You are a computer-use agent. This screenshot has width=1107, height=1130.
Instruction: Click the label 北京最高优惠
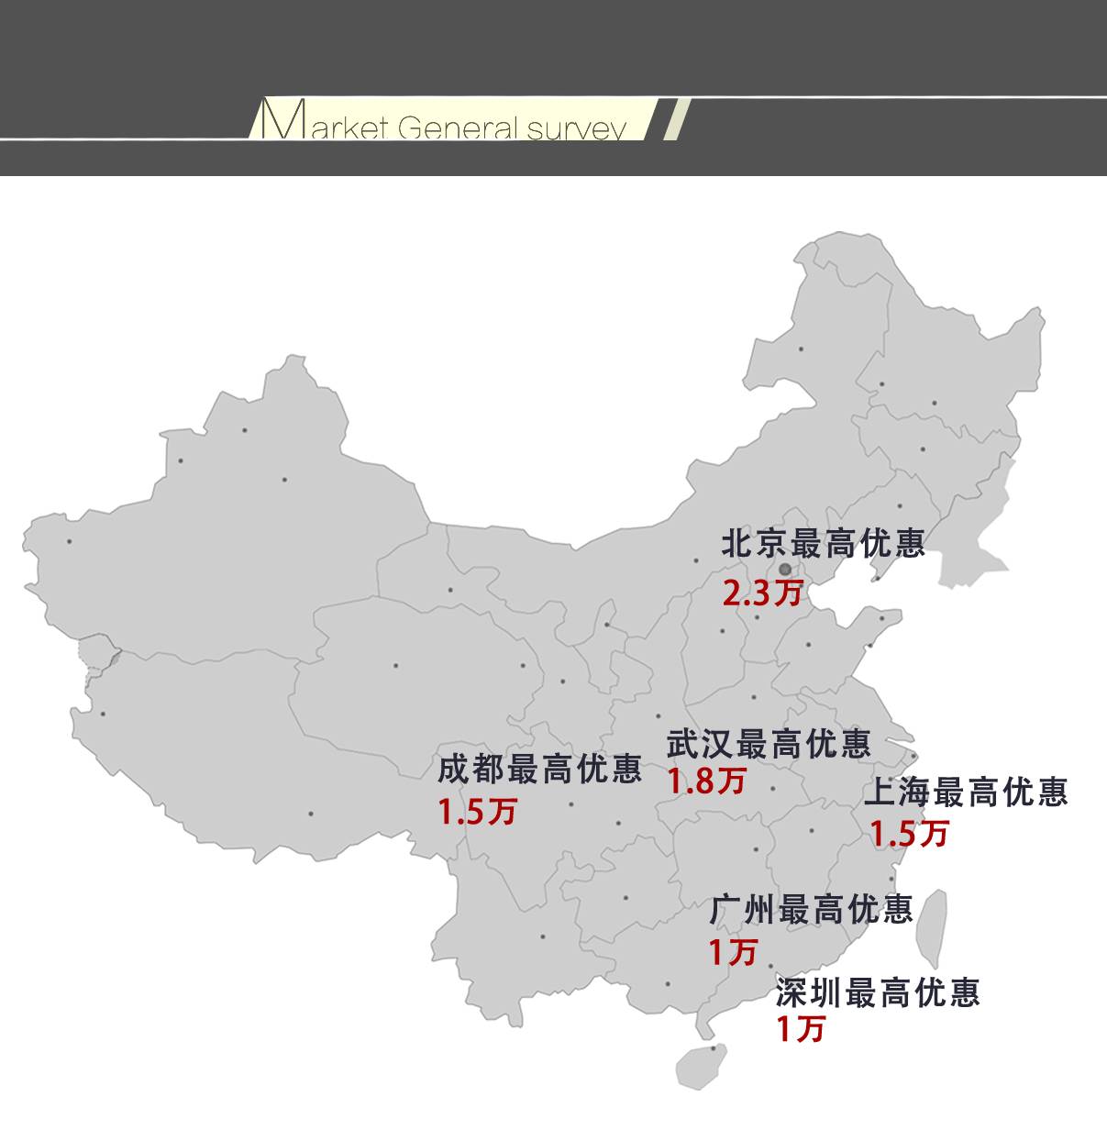(x=823, y=544)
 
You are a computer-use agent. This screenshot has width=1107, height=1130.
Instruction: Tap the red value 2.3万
(x=762, y=593)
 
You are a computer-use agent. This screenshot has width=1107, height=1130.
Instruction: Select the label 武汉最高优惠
(x=769, y=743)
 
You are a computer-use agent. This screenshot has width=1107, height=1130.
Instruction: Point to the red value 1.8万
(x=706, y=781)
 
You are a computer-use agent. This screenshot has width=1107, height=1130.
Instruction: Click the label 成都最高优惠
(x=539, y=770)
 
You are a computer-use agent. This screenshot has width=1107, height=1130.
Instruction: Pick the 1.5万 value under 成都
(x=477, y=812)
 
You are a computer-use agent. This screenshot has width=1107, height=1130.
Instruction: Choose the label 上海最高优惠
(x=966, y=792)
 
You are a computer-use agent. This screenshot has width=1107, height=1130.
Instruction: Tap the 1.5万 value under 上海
(x=909, y=834)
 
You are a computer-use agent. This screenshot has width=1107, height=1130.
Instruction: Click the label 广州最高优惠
(x=811, y=909)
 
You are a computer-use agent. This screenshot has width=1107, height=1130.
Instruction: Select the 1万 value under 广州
(x=733, y=951)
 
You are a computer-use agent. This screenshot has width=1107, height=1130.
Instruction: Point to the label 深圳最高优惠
(x=878, y=992)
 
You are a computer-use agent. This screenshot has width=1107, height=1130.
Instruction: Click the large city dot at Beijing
(x=785, y=570)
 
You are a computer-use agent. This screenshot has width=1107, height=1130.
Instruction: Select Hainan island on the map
(x=702, y=1067)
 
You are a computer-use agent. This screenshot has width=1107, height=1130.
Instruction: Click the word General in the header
(x=457, y=127)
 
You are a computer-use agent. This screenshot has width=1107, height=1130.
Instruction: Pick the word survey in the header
(x=576, y=128)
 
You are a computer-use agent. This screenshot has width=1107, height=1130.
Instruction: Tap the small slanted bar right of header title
(x=676, y=118)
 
